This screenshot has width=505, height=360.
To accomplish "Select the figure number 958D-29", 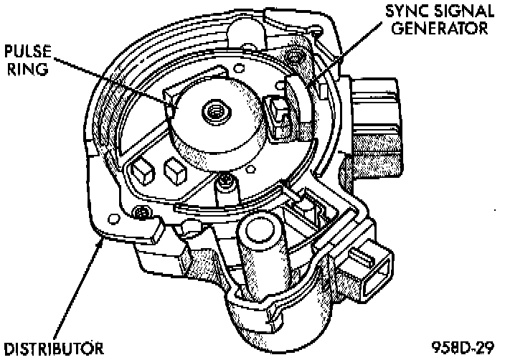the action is point(464,348).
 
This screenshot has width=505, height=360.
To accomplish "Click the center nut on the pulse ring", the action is point(213,110).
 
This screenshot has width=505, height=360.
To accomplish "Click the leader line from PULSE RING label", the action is point(115,81).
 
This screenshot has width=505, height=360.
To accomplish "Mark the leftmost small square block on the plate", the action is point(141,170).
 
